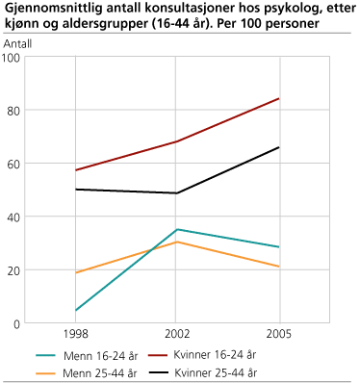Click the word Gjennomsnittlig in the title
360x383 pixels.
[x=46, y=9]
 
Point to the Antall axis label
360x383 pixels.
[x=17, y=43]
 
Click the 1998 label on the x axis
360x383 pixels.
[x=76, y=335]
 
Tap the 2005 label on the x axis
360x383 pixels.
[x=279, y=335]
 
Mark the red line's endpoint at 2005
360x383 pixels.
[x=279, y=98]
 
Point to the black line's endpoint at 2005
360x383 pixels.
[x=279, y=147]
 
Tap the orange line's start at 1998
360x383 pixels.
[x=76, y=273]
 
